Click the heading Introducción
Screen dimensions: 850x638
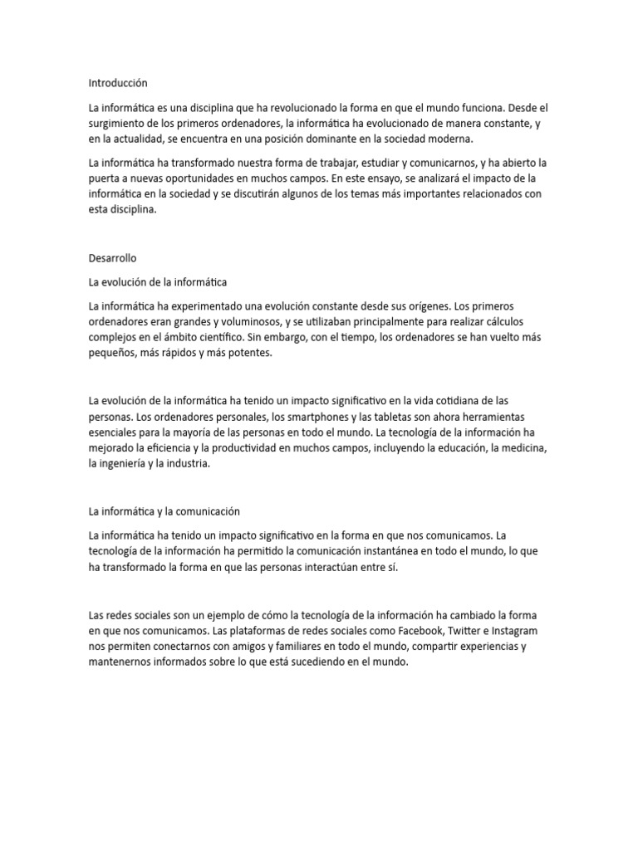tap(117, 83)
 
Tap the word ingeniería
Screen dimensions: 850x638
tap(125, 465)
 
